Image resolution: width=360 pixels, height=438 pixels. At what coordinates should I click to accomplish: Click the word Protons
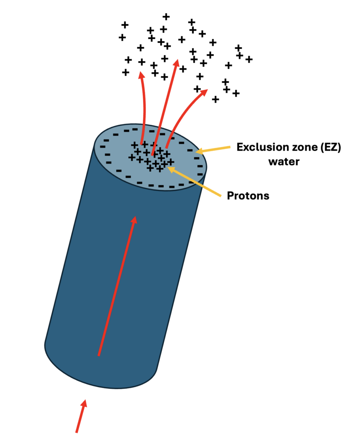[248, 195]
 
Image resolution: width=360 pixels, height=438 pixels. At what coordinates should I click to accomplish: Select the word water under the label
[284, 162]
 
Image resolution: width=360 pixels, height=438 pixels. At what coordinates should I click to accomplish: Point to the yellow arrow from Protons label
[194, 181]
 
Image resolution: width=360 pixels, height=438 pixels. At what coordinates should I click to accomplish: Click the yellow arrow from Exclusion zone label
[213, 149]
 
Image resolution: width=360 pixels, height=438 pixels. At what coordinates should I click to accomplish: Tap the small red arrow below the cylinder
[81, 416]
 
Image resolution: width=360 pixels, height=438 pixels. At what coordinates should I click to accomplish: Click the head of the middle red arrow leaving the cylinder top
[176, 63]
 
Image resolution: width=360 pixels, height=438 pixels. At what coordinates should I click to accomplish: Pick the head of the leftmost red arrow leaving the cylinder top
[142, 75]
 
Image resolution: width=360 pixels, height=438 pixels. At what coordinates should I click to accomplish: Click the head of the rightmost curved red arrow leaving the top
[204, 92]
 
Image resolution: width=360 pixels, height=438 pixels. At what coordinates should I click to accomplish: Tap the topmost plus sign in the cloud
[166, 17]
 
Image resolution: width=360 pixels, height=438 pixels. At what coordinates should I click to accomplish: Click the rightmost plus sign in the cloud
[249, 59]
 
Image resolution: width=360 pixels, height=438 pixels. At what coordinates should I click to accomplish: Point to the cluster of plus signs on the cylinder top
[151, 157]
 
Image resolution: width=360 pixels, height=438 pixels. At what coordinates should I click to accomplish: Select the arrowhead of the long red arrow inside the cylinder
[135, 220]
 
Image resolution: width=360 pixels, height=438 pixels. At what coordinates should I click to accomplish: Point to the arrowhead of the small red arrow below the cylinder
[84, 403]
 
